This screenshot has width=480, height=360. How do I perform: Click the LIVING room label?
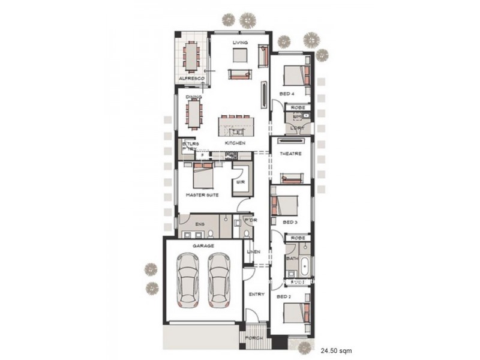coord(240,42)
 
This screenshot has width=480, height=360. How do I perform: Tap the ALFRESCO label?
coord(191,79)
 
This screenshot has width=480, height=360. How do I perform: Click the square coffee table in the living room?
coord(240,55)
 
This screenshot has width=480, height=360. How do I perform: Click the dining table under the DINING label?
coord(194,113)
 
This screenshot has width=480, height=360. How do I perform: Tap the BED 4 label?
coord(287,94)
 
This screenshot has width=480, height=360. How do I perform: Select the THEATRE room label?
coord(291,154)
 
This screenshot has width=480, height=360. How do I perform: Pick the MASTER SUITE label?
coord(202,195)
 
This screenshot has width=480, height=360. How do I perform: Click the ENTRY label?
coord(256,294)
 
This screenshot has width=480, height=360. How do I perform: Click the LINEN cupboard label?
coord(254,251)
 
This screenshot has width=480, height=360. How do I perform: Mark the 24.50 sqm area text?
coord(336,349)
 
